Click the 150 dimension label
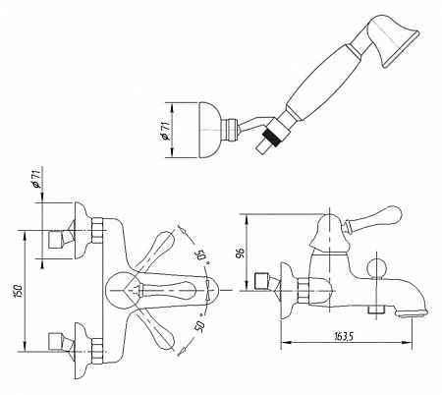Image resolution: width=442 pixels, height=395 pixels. (x=19, y=292)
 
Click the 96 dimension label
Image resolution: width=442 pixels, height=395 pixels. (x=241, y=254)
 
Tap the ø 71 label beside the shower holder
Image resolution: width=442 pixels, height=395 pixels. (x=166, y=131)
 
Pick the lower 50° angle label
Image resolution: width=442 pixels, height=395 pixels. (x=200, y=326)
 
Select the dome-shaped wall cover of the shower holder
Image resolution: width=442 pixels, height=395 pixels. (x=208, y=131)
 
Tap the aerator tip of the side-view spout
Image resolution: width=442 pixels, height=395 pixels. (x=412, y=313)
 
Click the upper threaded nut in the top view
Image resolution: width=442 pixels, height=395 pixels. (x=98, y=230)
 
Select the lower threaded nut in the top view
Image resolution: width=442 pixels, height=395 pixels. (x=98, y=351)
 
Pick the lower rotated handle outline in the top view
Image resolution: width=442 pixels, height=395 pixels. (x=155, y=330)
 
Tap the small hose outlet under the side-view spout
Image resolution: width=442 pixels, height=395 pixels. (x=376, y=310)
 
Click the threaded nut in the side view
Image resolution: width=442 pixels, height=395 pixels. (x=304, y=291)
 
